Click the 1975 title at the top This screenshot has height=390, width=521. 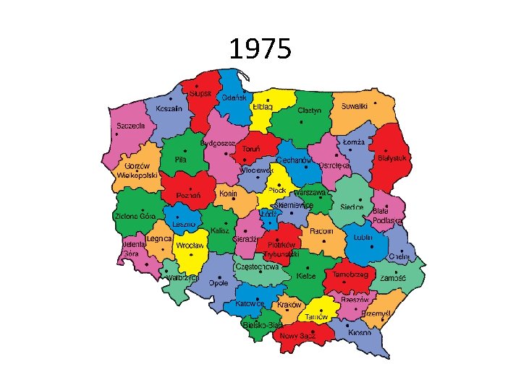tap(260, 50)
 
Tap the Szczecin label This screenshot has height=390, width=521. tap(131, 125)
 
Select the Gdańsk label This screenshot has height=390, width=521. tap(234, 97)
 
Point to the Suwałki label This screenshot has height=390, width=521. tap(355, 106)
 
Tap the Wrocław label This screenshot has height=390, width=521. tap(190, 246)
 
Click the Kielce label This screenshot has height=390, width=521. tap(306, 275)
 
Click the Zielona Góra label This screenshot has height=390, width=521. tap(135, 216)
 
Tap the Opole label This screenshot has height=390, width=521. tap(219, 283)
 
